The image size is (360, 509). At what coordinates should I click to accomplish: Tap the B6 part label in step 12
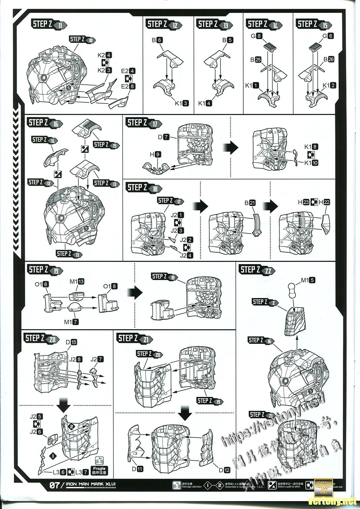click(157, 40)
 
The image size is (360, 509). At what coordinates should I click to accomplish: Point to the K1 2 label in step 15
click(329, 85)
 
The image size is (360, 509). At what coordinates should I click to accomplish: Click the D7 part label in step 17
click(164, 136)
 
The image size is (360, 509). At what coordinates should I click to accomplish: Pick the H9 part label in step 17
click(155, 154)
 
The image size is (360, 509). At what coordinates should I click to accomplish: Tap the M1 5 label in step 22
click(308, 280)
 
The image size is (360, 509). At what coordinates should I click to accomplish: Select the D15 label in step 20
click(71, 342)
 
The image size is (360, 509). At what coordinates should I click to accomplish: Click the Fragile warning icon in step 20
click(99, 470)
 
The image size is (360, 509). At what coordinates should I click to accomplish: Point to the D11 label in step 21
click(138, 469)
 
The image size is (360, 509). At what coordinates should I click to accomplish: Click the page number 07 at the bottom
click(55, 485)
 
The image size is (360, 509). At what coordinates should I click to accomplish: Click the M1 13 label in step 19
click(77, 281)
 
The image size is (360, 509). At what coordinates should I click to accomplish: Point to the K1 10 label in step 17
click(311, 162)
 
